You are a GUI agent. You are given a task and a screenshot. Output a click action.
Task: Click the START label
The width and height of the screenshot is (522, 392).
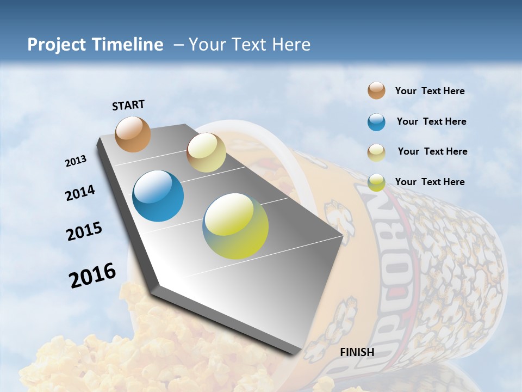point(128,105)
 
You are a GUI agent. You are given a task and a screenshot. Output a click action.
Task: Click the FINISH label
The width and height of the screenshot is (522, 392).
point(357,352)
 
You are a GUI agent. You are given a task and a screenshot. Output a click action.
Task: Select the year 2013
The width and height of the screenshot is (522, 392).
point(76,161)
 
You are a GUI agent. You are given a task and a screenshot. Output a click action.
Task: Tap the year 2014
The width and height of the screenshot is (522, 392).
point(80,193)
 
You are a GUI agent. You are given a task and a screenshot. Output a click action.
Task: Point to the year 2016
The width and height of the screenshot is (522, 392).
point(92,275)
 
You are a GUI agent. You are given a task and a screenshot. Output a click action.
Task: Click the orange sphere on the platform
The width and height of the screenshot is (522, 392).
point(133,134)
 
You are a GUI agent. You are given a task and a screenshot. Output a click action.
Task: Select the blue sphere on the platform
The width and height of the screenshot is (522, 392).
point(158,196)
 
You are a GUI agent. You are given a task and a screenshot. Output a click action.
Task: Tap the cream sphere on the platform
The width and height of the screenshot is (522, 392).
point(206,152)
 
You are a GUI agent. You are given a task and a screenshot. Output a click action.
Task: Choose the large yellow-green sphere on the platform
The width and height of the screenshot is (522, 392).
point(235,226)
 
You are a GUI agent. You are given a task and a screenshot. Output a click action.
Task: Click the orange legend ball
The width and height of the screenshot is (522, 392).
point(376,91)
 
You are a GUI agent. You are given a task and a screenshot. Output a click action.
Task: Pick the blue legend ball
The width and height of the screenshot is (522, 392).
point(376,122)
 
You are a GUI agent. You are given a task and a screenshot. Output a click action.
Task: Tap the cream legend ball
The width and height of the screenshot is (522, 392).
point(376,152)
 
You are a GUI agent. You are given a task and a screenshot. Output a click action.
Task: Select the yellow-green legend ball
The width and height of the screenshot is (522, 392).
point(376,182)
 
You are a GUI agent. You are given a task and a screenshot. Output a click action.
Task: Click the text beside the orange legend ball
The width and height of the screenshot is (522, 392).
point(430,91)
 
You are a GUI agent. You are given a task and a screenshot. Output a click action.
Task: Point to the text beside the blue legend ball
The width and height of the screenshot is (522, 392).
point(431,121)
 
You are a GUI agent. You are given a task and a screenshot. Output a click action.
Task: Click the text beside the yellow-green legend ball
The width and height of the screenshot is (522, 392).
point(430,182)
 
